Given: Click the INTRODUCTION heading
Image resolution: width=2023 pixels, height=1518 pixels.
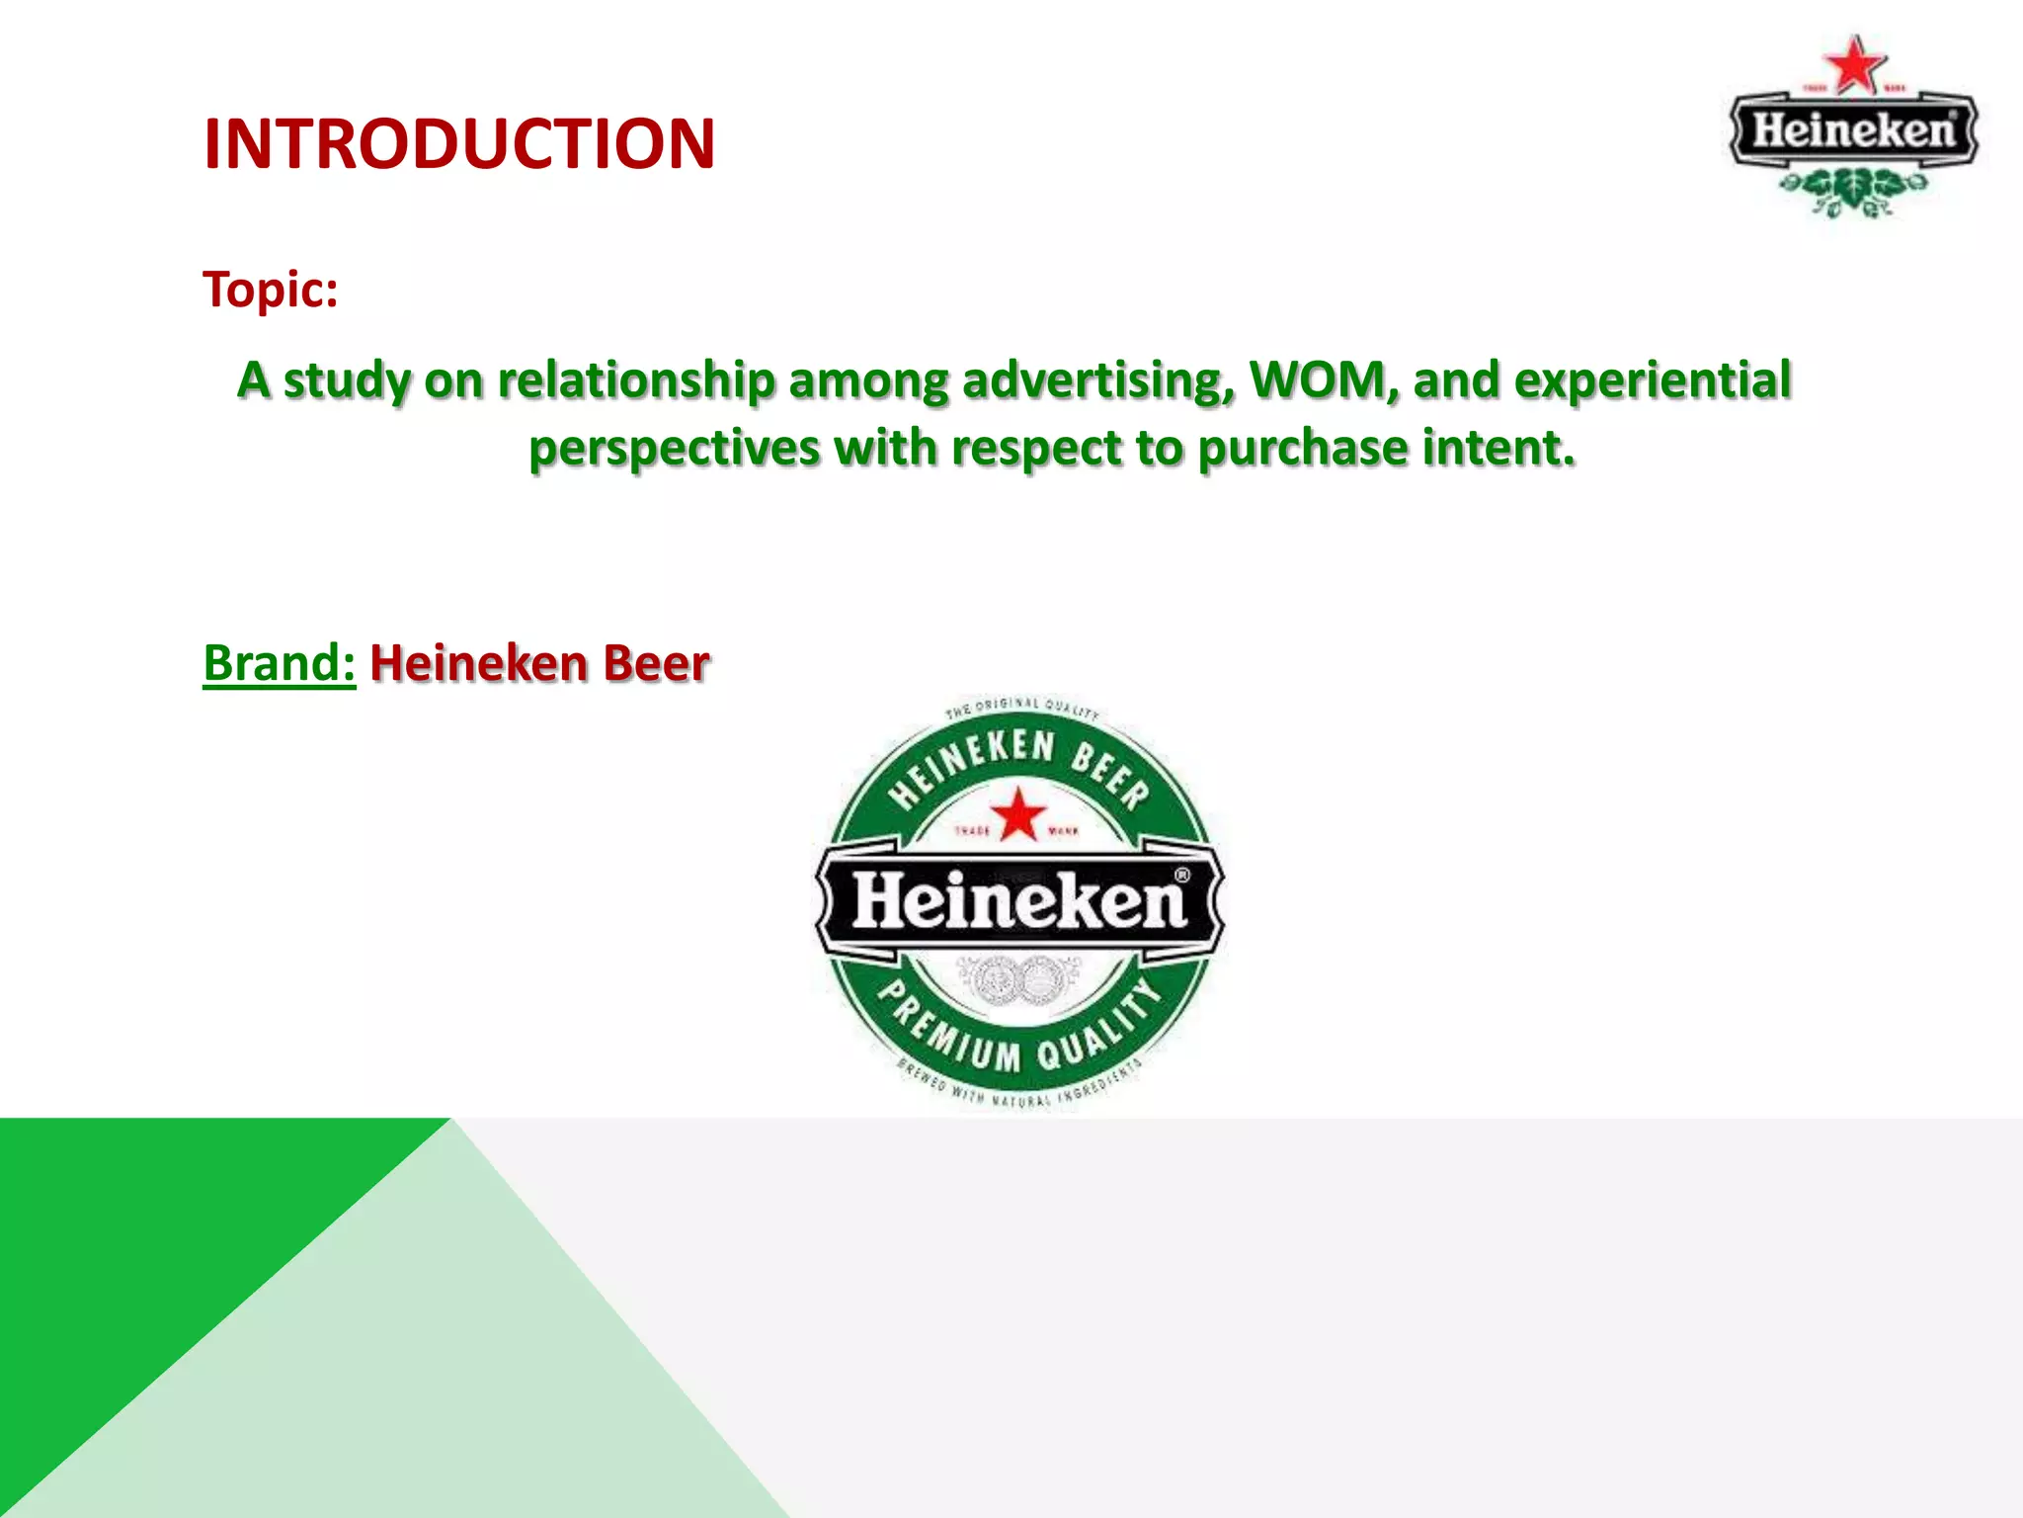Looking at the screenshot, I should click(458, 144).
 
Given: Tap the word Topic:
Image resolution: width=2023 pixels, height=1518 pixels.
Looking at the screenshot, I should click(271, 291).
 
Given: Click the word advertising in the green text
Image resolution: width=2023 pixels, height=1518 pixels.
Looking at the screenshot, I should click(1097, 381).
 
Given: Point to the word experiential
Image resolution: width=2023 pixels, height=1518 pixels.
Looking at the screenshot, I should click(1652, 381).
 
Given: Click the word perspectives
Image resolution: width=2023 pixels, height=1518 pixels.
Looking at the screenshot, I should click(674, 449).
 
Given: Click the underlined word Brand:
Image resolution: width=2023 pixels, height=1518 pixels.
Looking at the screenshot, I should click(279, 663).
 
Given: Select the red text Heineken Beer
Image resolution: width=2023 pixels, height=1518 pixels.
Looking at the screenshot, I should click(539, 663).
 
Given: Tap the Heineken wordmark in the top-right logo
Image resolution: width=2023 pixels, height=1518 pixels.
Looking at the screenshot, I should click(1853, 129).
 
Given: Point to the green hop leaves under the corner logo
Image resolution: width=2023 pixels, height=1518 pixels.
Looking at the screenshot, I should click(1853, 190).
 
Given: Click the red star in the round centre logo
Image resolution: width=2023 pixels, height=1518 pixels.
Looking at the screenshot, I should click(1018, 814).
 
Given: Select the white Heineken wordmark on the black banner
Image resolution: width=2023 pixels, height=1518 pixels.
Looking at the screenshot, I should click(1017, 901).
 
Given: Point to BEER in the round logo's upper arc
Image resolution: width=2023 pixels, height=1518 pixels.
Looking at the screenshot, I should click(1110, 772).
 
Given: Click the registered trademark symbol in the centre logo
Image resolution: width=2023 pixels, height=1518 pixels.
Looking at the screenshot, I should click(1181, 875).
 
